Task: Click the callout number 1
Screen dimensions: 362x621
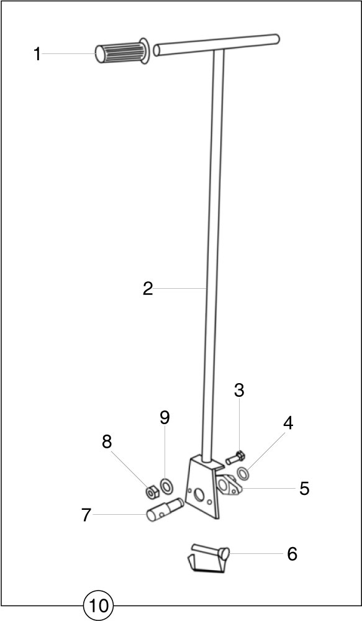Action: tap(37, 54)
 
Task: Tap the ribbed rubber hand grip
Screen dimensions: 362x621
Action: tap(122, 52)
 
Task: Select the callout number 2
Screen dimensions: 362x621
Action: tap(148, 289)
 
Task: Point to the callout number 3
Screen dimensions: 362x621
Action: tap(239, 391)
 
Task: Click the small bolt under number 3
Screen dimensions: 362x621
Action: tap(236, 458)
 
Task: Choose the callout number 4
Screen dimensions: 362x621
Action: tap(288, 424)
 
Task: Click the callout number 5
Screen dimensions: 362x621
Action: tap(304, 489)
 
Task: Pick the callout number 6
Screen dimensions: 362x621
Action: tap(292, 555)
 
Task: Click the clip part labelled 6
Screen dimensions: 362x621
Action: tap(208, 558)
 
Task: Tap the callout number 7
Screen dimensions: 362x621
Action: tap(86, 515)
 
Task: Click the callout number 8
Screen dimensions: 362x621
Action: tap(107, 442)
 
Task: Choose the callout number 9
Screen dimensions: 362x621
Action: tap(165, 417)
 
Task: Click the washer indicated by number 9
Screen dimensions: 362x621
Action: tap(166, 486)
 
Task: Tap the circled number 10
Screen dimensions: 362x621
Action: tap(98, 605)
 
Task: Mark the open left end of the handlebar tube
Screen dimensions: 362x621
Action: tap(157, 50)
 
